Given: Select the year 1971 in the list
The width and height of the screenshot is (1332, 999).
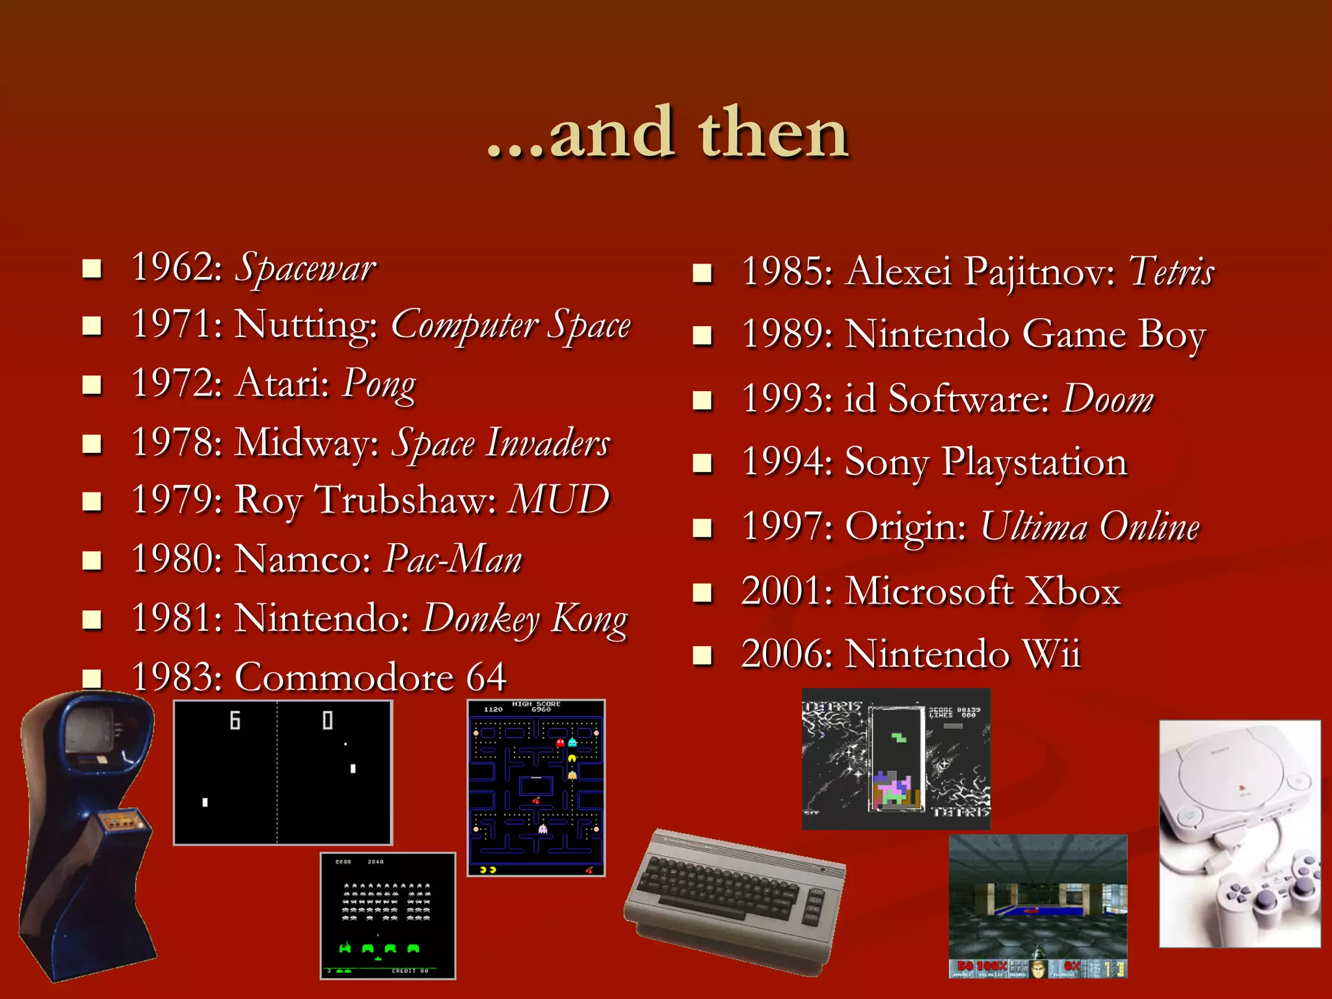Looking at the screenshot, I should pos(171,324).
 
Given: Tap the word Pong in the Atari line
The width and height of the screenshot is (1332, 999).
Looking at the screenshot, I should pos(379,384).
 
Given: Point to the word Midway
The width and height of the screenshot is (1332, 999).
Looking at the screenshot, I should pos(306,443).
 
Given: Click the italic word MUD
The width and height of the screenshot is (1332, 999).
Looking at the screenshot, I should pos(559,499).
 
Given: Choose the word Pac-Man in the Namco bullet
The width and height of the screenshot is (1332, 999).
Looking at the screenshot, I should pos(453,559).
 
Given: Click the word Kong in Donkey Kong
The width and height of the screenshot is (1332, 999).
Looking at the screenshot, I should pos(589,619).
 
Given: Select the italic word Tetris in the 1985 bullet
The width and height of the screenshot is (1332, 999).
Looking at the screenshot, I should pos(1171,271).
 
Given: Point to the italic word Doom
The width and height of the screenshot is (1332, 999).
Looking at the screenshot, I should pos(1108,399).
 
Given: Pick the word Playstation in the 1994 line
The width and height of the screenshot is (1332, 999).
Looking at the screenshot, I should pos(1034,462).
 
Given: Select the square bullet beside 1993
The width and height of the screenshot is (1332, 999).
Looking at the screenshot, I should pos(702,400).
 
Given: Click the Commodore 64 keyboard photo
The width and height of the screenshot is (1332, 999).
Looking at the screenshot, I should pos(735,898).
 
